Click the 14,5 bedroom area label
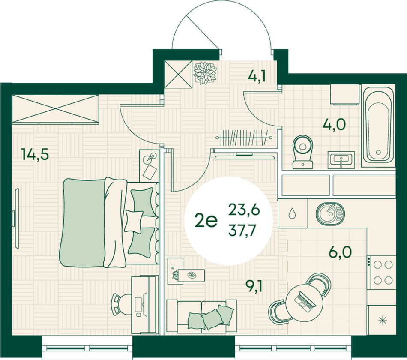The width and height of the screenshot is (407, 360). click(35, 154)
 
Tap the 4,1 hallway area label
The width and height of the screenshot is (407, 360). click(257, 76)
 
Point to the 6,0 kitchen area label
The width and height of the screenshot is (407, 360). click(340, 252)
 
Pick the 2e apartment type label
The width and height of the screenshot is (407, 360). click(206, 221)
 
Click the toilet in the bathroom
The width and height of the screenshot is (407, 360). click(302, 152)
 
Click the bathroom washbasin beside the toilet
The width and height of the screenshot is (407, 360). click(341, 159)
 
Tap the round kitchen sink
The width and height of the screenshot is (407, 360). click(330, 213)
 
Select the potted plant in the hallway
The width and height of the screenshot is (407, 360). click(205, 73)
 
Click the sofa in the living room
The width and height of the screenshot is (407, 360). click(202, 315)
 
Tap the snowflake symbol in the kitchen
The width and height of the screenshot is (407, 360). click(382, 321)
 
